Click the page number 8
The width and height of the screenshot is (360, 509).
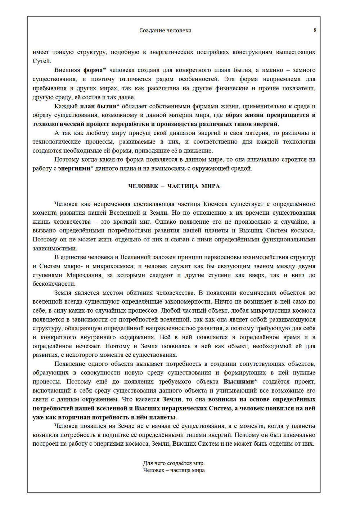tap(315, 30)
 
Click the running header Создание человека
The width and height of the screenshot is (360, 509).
tap(165, 31)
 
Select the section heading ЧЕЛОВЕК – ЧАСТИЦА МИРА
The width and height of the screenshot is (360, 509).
tap(174, 186)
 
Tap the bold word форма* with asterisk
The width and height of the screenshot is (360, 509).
tap(94, 70)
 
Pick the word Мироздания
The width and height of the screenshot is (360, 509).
tap(85, 275)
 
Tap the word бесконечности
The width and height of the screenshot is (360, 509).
tap(54, 284)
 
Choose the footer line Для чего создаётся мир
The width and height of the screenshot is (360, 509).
tap(174, 463)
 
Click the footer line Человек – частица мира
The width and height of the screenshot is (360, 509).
tap(174, 470)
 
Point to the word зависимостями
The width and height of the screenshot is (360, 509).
tap(54, 249)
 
